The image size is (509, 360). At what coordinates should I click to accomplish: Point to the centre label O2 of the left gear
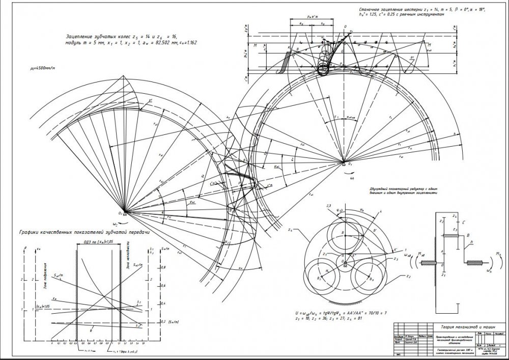[120, 213]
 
